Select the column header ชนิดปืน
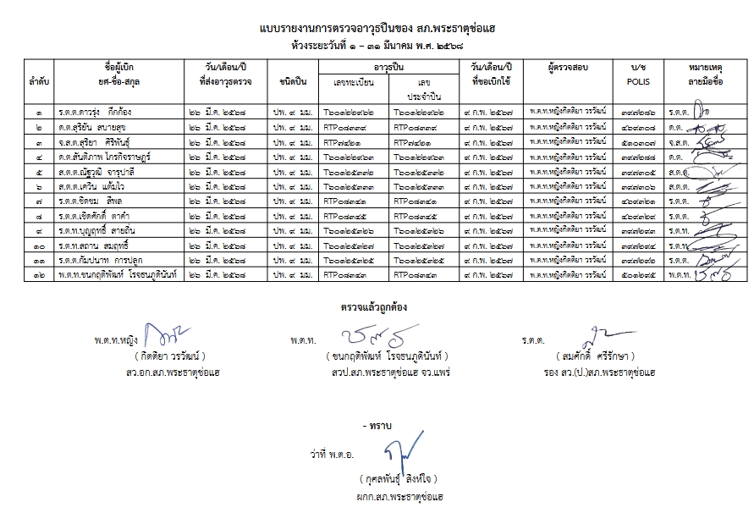coord(289,82)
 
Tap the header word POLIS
coord(637,82)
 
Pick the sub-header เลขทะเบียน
coord(355,82)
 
